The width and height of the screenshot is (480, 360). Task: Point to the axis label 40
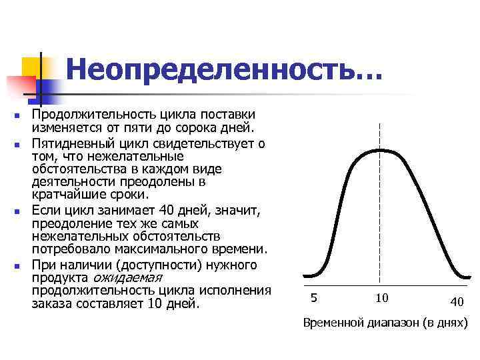coord(456,302)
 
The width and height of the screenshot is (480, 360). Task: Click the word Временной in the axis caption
coord(331,323)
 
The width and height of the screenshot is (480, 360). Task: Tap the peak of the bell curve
coord(379,150)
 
